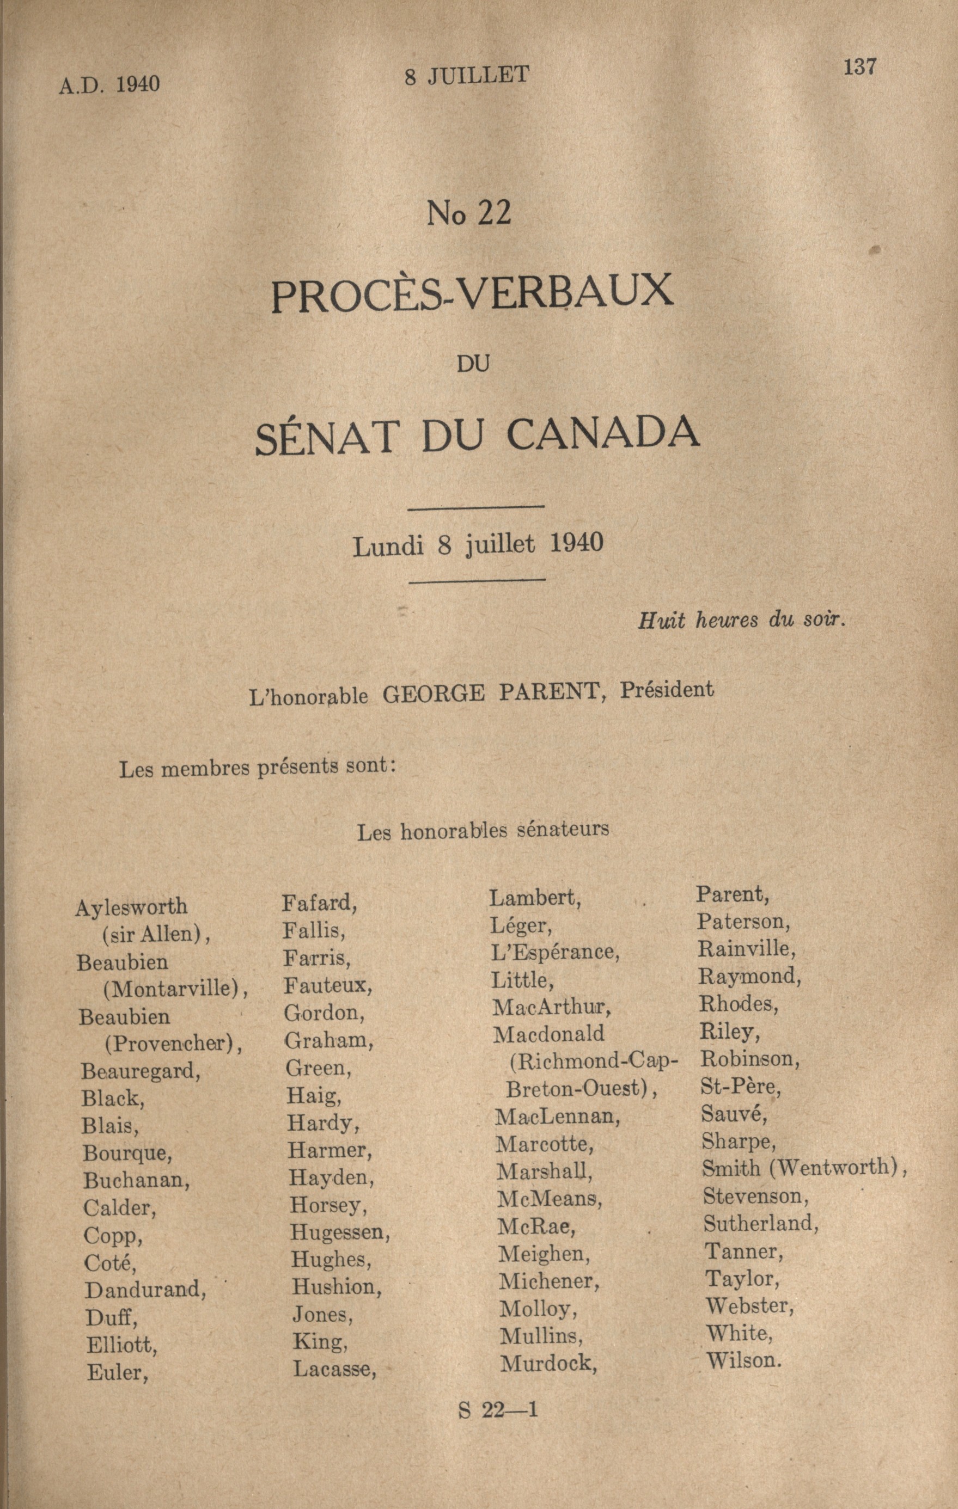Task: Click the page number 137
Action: point(859,66)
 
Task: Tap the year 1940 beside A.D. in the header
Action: point(137,84)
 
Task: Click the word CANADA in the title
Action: point(602,434)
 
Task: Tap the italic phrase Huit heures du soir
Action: point(742,621)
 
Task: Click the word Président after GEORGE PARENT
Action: point(667,690)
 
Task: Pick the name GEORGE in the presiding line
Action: point(433,694)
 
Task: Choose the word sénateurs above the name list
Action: point(563,829)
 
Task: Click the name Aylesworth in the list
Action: point(131,907)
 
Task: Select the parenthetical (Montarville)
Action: point(174,989)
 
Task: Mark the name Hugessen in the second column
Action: point(339,1232)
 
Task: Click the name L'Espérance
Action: point(555,952)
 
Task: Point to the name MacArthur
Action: point(551,1007)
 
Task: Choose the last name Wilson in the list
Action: point(743,1360)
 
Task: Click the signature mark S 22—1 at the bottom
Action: point(498,1410)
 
